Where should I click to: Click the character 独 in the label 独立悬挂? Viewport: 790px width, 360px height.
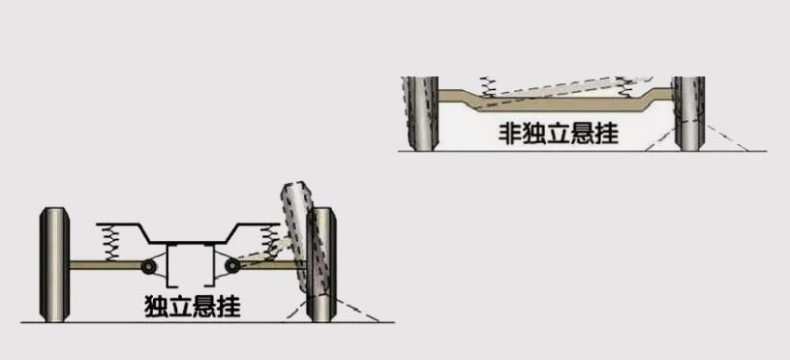(x=156, y=307)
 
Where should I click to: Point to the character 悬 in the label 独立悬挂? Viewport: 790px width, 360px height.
(x=204, y=307)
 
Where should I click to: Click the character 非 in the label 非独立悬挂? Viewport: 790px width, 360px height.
(x=510, y=133)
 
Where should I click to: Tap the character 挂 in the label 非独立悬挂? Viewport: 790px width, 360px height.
(x=606, y=133)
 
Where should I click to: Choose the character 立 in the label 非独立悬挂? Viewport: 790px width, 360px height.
(x=559, y=133)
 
